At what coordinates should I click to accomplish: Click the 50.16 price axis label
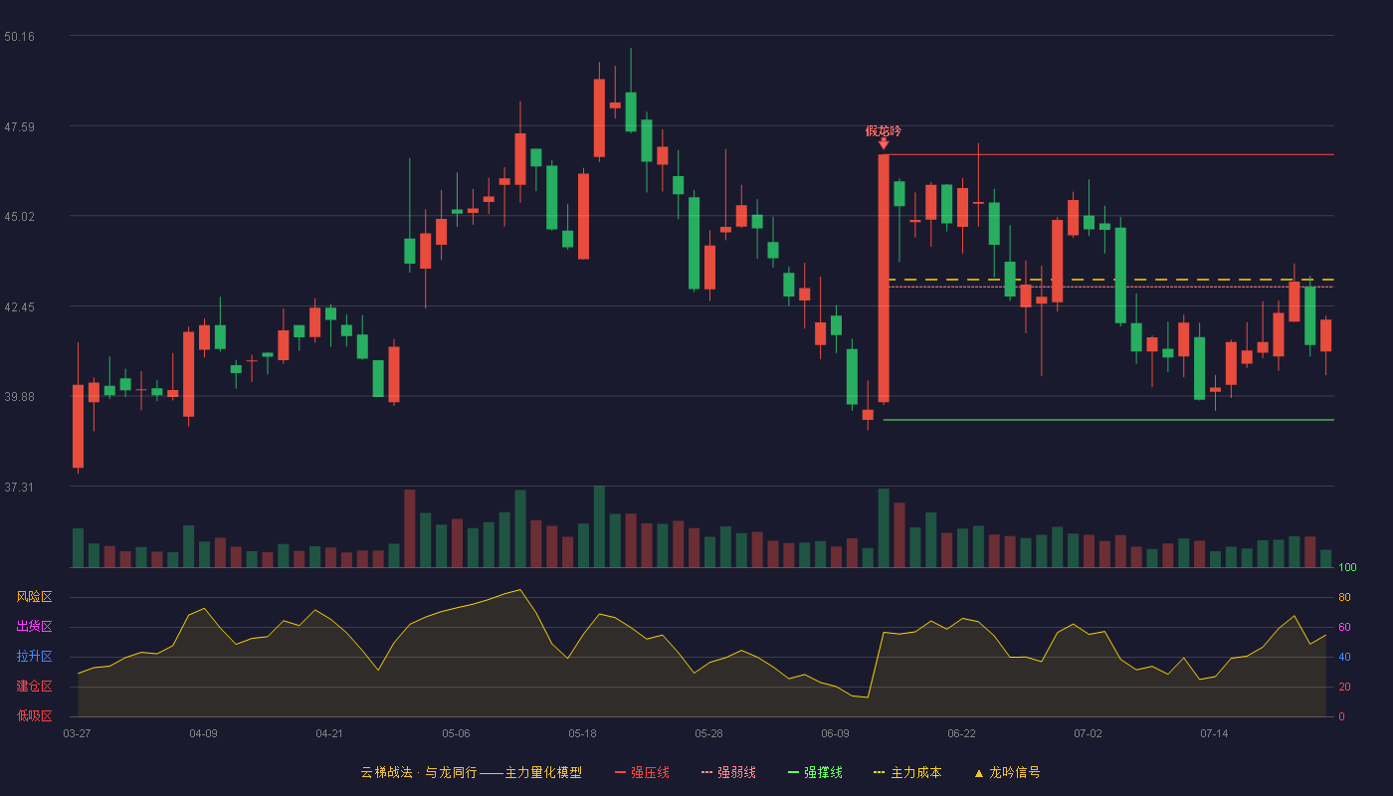point(19,36)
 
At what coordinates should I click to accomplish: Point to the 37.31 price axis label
point(19,487)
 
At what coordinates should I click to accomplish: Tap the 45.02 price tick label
point(19,217)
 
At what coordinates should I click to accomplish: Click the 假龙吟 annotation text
point(884,130)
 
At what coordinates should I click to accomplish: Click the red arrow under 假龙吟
point(884,144)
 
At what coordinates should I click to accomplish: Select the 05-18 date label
point(582,734)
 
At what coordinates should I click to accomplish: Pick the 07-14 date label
point(1214,734)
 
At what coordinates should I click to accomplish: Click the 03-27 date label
point(78,734)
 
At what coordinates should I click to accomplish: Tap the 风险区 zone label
point(34,597)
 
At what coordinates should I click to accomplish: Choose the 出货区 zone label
point(34,626)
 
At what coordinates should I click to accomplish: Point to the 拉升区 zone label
point(34,656)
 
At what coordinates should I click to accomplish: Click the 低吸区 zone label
point(34,715)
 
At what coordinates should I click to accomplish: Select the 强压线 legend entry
point(642,772)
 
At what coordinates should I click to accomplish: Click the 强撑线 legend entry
point(815,772)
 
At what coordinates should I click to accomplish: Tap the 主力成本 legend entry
point(907,772)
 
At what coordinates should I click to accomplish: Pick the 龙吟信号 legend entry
point(1007,772)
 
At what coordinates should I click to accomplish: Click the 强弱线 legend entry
point(728,772)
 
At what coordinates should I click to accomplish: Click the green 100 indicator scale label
point(1347,567)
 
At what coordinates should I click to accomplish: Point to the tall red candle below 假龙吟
point(884,278)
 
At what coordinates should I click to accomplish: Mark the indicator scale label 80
point(1344,597)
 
